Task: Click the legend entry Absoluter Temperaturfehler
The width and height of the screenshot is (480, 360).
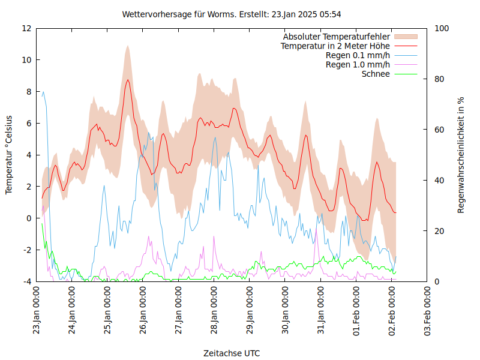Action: click(337, 37)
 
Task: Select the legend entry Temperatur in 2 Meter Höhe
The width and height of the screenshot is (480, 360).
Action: click(335, 46)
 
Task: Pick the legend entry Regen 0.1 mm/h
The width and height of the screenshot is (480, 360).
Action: click(358, 56)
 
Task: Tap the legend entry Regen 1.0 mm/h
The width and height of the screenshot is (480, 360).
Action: click(358, 65)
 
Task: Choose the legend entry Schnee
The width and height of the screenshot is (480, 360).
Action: click(376, 74)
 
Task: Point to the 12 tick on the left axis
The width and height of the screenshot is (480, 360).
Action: click(26, 28)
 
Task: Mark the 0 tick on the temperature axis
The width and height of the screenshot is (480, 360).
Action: click(29, 218)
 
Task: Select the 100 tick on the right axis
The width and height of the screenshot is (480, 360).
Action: click(443, 28)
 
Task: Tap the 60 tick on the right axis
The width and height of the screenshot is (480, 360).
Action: click(440, 130)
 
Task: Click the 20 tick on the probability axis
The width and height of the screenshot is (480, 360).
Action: click(440, 231)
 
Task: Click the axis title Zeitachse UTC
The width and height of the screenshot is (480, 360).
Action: click(232, 353)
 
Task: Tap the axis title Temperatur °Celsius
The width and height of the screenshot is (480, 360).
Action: click(9, 154)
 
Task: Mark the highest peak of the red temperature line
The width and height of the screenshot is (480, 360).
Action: click(128, 80)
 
